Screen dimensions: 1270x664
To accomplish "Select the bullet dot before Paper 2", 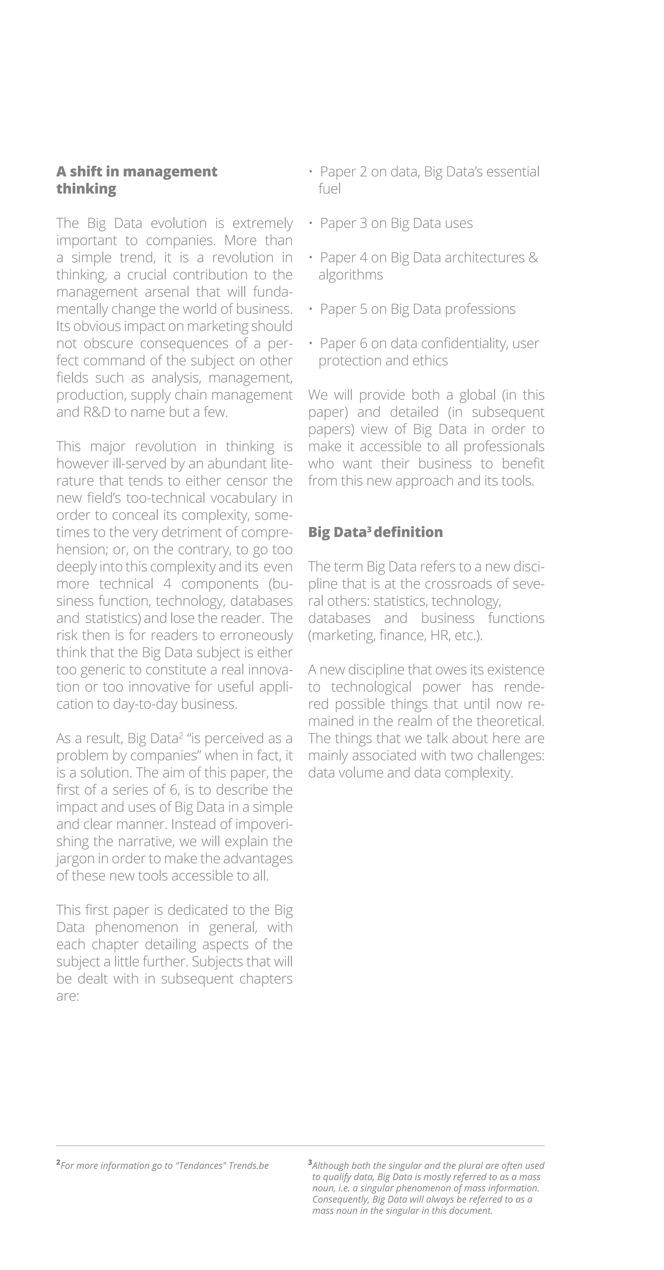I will [311, 171].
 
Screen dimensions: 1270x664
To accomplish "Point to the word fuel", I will [329, 189].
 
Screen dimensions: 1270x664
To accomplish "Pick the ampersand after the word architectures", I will [533, 257].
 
